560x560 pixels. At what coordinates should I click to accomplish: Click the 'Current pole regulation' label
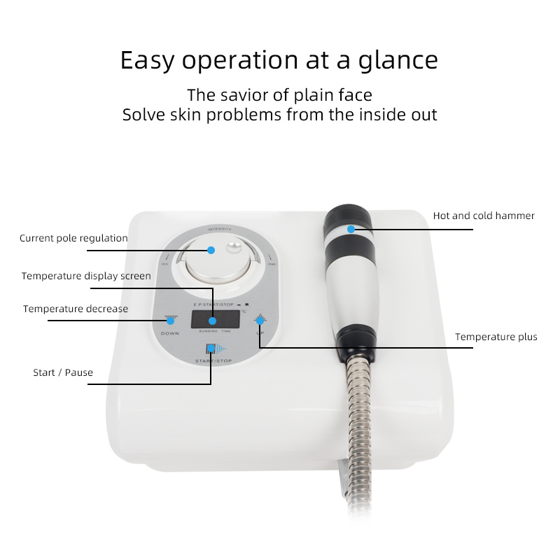(x=73, y=238)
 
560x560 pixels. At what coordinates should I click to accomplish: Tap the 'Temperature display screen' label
(x=86, y=276)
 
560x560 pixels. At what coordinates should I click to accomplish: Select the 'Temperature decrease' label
(x=76, y=309)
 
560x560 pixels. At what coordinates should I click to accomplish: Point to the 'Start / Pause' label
(x=63, y=372)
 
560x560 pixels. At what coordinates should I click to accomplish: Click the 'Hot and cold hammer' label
(x=484, y=216)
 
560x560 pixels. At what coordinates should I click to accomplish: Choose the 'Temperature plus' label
(x=496, y=337)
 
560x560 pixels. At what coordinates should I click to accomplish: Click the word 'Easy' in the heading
(x=147, y=60)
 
